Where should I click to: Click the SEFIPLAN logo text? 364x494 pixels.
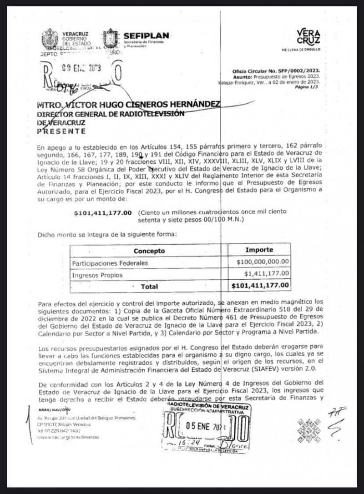146,36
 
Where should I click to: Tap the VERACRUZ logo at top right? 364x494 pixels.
308,37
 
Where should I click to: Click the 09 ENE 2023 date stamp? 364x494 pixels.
82,69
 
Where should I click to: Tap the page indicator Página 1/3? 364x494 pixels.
308,86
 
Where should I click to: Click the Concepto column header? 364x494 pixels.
149,251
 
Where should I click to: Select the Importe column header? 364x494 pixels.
259,250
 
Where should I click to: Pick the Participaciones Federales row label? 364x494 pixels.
110,263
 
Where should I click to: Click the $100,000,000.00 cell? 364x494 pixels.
263,262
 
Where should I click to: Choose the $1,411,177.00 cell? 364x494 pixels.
266,273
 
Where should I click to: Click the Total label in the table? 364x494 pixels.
150,287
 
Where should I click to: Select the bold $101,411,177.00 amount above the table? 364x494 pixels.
103,212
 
